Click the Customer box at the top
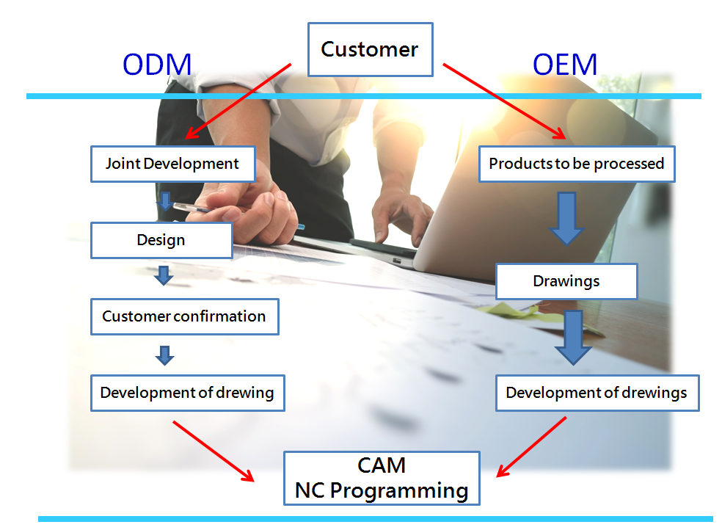tap(370, 49)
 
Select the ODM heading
tap(157, 65)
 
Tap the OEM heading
tap(565, 65)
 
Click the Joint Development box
tap(172, 164)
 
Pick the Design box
tap(161, 240)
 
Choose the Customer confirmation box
tap(184, 316)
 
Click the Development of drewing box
tap(187, 393)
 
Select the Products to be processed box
tap(576, 164)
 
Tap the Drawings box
tap(566, 281)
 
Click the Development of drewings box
tap(597, 393)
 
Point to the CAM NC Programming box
tap(382, 478)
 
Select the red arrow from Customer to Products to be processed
tap(504, 101)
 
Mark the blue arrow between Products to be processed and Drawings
tap(566, 218)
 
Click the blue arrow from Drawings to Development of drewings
tap(572, 337)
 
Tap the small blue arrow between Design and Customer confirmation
tap(164, 275)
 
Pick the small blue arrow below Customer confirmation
tap(165, 355)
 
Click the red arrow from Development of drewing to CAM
tap(213, 451)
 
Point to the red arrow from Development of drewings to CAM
tap(532, 446)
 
